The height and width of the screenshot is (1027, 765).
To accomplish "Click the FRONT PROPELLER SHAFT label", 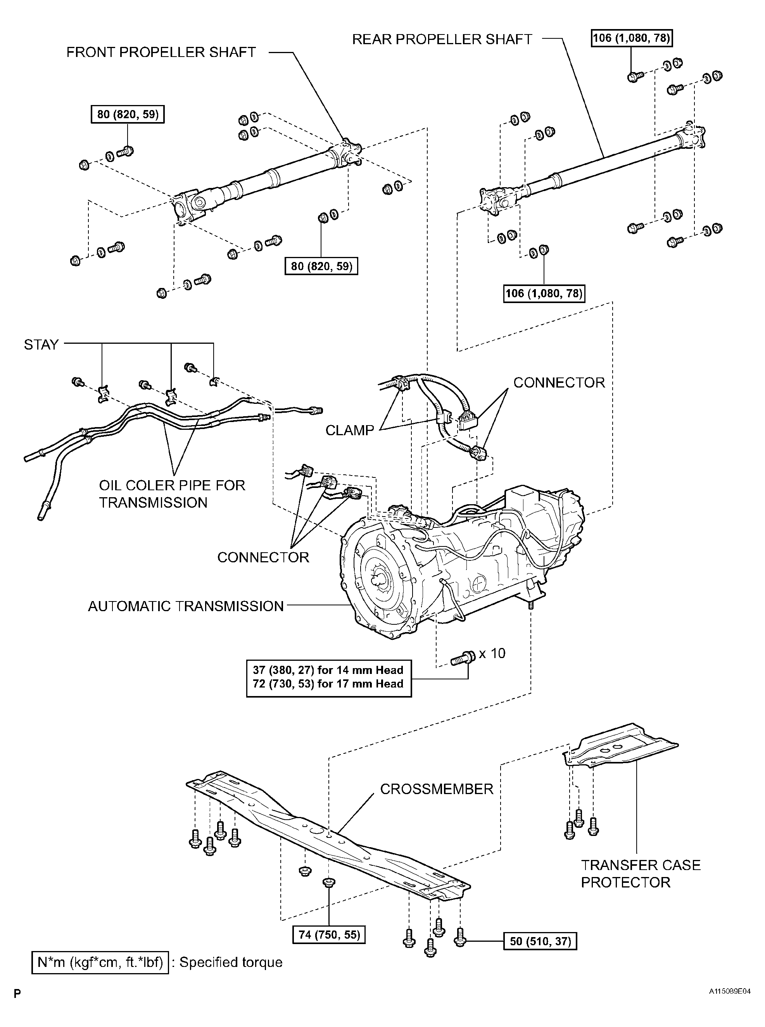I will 161,52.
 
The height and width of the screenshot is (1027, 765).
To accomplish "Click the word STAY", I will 41,345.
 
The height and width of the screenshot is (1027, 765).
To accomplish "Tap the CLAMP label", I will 350,431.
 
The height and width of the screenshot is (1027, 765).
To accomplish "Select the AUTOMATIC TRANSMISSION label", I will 186,606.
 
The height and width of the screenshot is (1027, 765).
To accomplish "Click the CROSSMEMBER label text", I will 436,789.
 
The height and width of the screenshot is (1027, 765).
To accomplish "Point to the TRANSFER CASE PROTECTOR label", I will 641,874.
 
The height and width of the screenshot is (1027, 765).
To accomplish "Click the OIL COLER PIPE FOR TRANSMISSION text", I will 172,494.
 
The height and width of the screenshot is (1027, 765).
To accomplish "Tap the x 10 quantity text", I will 492,653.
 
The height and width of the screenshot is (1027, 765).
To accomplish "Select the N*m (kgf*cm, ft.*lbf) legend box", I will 100,963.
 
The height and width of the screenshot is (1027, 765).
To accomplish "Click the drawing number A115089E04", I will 729,991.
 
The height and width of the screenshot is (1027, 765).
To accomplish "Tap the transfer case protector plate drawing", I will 620,748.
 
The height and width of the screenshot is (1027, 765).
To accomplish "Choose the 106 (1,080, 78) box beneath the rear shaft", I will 544,293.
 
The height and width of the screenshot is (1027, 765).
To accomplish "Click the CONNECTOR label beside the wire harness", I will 559,383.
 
